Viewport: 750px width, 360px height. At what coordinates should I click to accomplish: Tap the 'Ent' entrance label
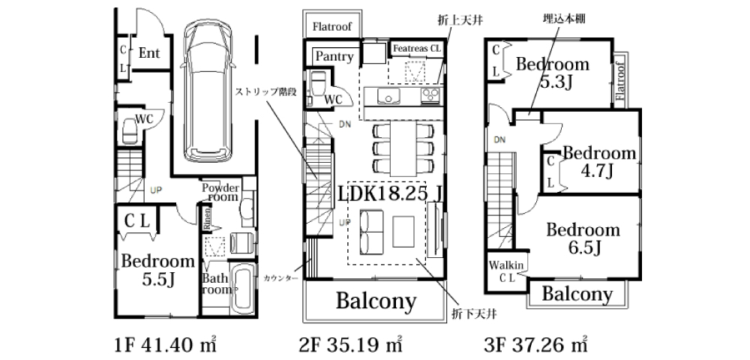pos(150,53)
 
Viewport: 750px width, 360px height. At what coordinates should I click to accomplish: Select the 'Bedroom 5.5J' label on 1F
pos(157,271)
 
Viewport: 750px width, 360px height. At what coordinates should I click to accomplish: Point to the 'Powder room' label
pos(220,191)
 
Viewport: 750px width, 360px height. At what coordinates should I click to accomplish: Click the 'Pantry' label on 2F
pos(334,56)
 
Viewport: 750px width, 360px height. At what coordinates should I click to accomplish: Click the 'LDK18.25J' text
pos(388,194)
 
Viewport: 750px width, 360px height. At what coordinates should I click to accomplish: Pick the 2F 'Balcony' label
pos(375,301)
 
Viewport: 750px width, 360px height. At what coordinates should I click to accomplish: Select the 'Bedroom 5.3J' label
pos(553,72)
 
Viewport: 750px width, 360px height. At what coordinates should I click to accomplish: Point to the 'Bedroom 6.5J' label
pos(583,238)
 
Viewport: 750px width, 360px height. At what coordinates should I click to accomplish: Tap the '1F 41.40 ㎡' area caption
pos(166,345)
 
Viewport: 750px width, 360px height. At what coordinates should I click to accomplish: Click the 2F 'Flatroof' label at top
pos(332,25)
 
